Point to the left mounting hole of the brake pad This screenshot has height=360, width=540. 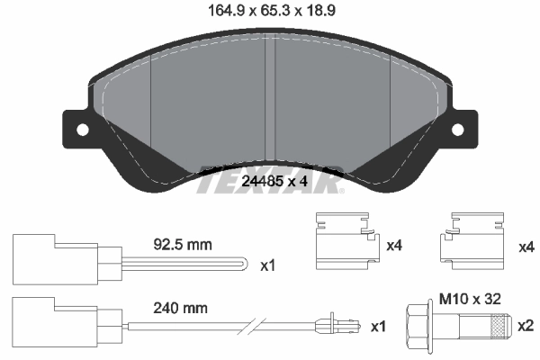tap(83, 130)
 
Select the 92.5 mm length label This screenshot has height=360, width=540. tap(183, 244)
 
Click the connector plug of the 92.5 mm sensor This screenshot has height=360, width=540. tap(63, 262)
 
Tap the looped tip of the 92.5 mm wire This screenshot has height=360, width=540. tap(241, 265)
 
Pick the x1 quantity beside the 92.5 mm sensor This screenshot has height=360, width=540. tap(267, 267)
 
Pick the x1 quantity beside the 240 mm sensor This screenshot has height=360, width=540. tap(379, 324)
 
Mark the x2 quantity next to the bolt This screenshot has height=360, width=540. tap(524, 324)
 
